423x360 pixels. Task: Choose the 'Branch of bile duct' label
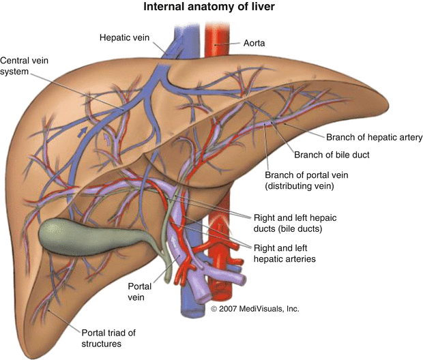[331, 155]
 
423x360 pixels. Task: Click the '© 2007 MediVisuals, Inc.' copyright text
[256, 309]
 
